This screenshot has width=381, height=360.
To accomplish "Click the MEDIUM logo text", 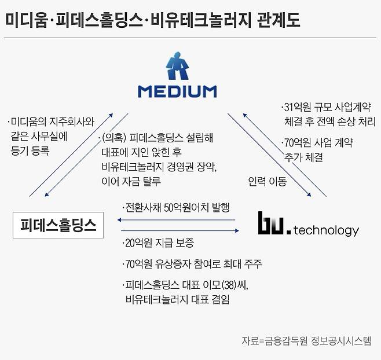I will pyautogui.click(x=177, y=91).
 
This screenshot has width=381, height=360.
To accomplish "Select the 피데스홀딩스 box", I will pyautogui.click(x=58, y=225).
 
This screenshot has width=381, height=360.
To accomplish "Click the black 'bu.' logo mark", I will pyautogui.click(x=272, y=225).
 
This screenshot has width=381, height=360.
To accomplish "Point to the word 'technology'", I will pyautogui.click(x=326, y=230).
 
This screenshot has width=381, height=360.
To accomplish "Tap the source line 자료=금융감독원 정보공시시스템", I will pyautogui.click(x=306, y=341).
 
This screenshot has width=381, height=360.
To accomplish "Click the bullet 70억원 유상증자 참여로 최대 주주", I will pyautogui.click(x=192, y=265).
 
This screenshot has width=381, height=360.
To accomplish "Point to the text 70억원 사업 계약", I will pyautogui.click(x=318, y=142).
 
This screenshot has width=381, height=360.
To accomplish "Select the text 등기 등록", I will pyautogui.click(x=30, y=152).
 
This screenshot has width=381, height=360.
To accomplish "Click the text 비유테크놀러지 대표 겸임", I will pyautogui.click(x=177, y=299).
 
